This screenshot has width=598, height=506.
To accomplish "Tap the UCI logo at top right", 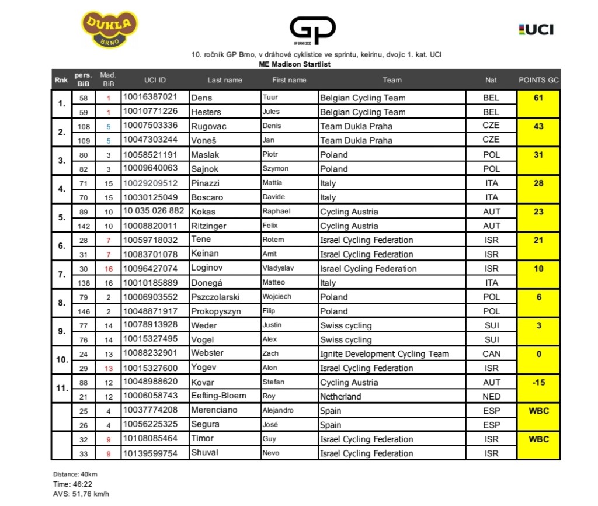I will click(x=536, y=29).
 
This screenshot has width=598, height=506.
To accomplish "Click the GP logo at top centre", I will click(x=312, y=30).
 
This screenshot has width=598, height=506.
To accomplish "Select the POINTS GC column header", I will click(x=538, y=80).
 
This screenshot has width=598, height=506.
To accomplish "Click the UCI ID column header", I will click(x=155, y=80).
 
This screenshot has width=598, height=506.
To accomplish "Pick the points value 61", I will click(x=538, y=98).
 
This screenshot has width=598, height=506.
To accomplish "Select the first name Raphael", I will click(x=276, y=212).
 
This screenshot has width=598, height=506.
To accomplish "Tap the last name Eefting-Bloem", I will click(x=218, y=396).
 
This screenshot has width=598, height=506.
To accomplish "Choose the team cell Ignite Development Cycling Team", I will click(x=384, y=353).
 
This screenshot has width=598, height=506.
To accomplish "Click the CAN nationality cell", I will click(x=491, y=353).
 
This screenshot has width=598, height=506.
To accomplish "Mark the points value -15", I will click(x=538, y=382).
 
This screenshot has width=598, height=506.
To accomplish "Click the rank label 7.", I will click(x=61, y=276).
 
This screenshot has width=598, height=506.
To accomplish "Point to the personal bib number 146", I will click(x=84, y=311).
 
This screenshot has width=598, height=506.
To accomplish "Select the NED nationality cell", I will click(x=491, y=396).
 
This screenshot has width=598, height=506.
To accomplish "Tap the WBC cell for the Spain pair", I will click(x=538, y=411).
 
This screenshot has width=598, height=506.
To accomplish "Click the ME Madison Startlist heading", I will click(x=294, y=64).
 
